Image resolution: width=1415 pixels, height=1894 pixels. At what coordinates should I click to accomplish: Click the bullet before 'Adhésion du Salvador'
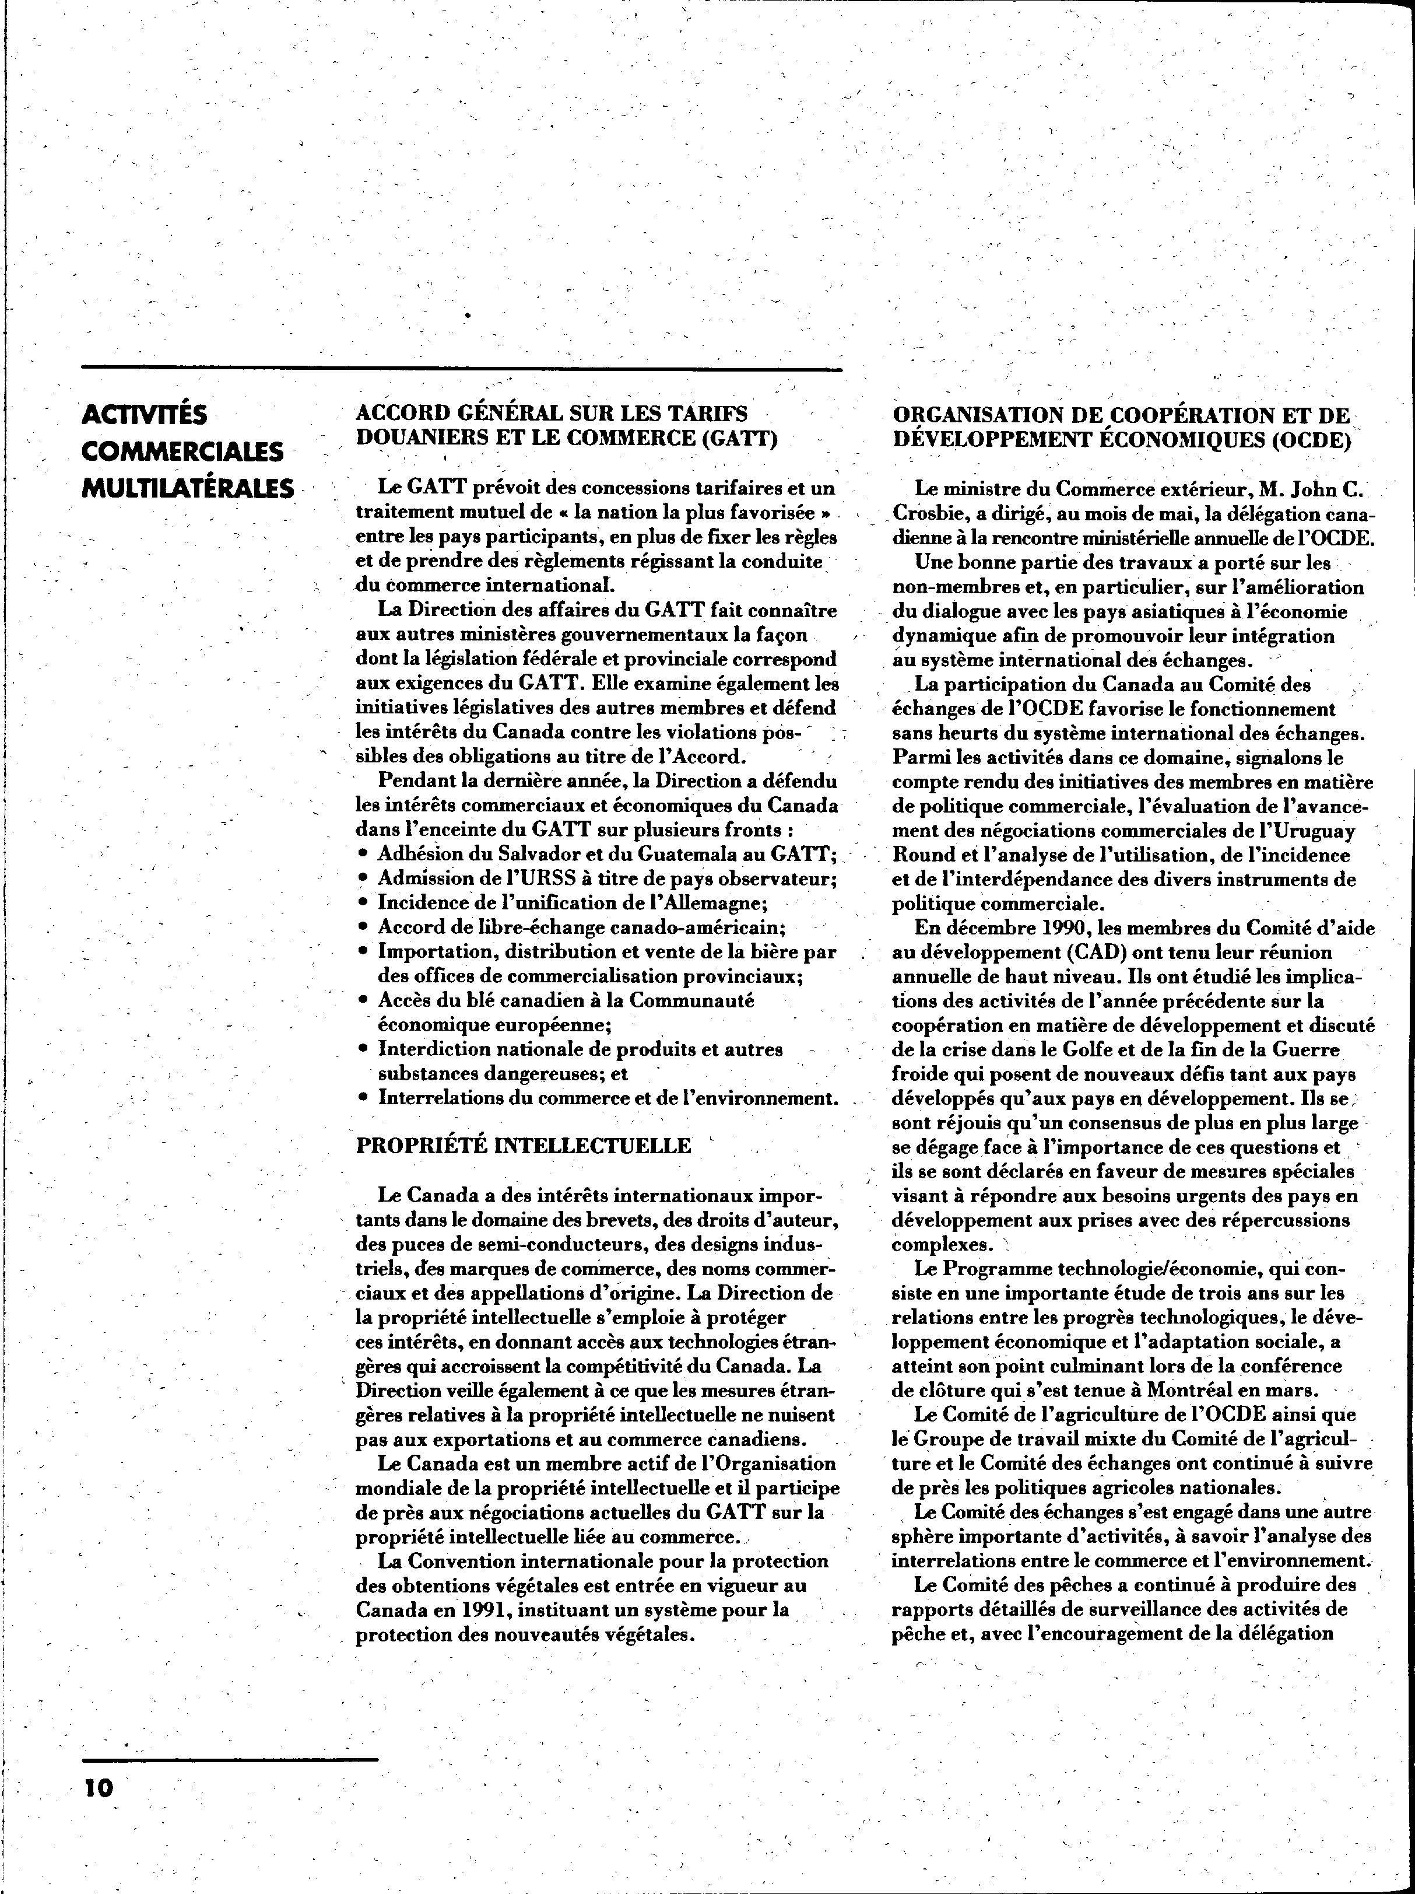tap(364, 855)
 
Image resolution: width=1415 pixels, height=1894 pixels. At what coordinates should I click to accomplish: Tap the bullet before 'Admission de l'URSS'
tap(364, 878)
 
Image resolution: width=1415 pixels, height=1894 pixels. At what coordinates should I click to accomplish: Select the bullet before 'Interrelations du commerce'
tap(364, 1098)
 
